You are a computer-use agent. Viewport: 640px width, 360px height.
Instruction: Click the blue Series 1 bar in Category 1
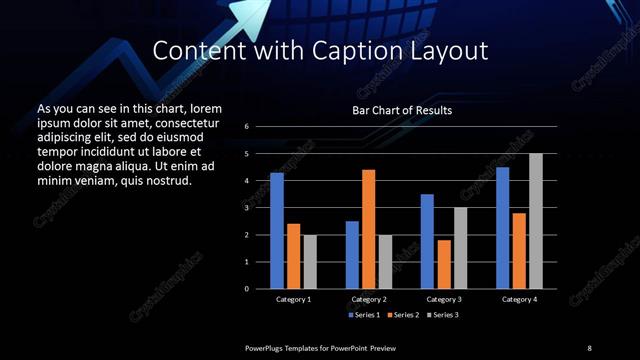click(277, 231)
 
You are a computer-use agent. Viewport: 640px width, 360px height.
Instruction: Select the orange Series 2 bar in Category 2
click(368, 229)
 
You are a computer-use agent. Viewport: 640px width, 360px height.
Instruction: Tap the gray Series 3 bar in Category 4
click(535, 221)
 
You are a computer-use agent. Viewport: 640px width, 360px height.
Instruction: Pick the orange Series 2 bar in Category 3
click(443, 264)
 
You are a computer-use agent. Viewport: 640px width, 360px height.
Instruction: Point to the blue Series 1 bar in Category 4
click(502, 228)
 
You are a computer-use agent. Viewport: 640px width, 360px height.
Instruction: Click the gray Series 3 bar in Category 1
click(309, 262)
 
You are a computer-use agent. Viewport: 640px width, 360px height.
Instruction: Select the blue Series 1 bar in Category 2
click(352, 255)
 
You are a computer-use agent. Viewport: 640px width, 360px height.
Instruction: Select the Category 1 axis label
click(293, 299)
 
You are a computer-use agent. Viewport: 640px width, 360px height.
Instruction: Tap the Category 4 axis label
click(518, 299)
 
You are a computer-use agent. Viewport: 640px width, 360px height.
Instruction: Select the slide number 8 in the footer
click(589, 347)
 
